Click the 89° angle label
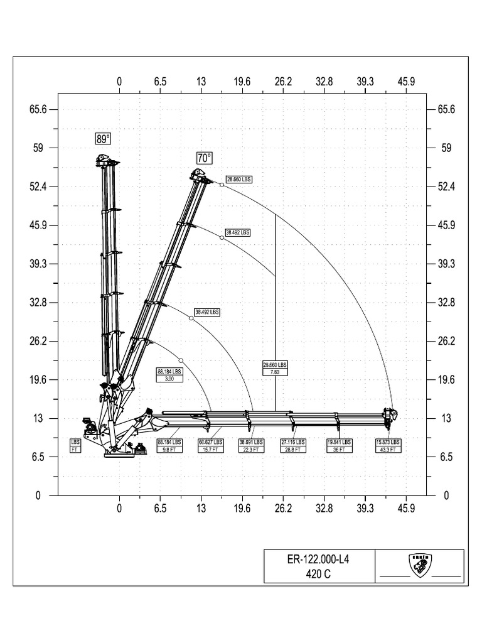pyautogui.click(x=102, y=139)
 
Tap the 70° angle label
pyautogui.click(x=205, y=157)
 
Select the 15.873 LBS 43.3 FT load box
pyautogui.click(x=388, y=445)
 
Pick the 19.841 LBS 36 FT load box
pyautogui.click(x=340, y=445)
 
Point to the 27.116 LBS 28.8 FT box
pyautogui.click(x=293, y=445)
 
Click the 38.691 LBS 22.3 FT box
pyautogui.click(x=251, y=445)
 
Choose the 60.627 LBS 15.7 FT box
pyautogui.click(x=210, y=445)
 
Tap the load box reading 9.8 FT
pyautogui.click(x=169, y=445)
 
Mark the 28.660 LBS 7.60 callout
pyautogui.click(x=275, y=368)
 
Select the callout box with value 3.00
pyautogui.click(x=169, y=374)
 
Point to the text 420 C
pyautogui.click(x=318, y=573)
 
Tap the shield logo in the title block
pyautogui.click(x=419, y=565)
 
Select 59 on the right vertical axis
pyautogui.click(x=446, y=148)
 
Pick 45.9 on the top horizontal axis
pyautogui.click(x=406, y=81)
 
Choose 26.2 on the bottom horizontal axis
pyautogui.click(x=283, y=508)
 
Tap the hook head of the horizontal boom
pyautogui.click(x=390, y=415)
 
